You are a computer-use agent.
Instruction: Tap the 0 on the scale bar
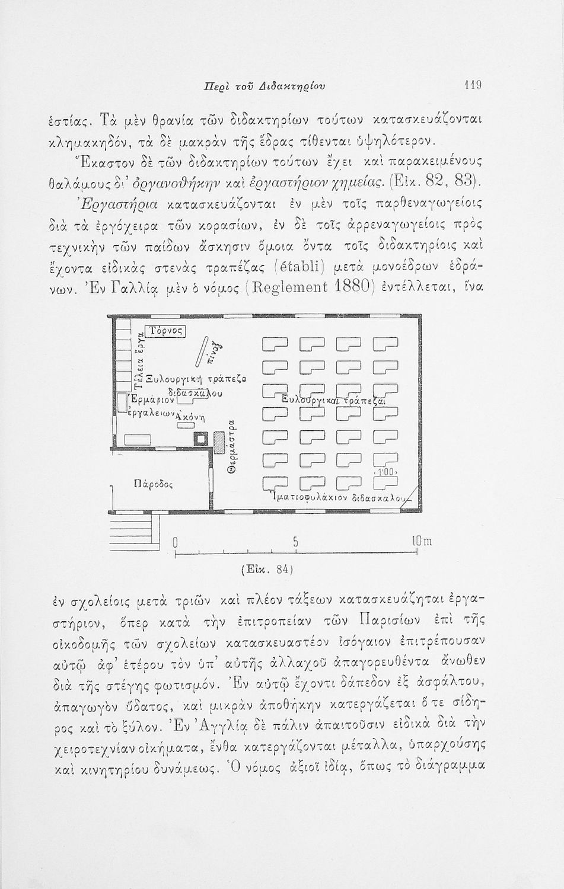pyautogui.click(x=175, y=543)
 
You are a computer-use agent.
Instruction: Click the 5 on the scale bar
pyautogui.click(x=295, y=543)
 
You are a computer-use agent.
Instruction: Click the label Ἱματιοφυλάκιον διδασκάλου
pyautogui.click(x=338, y=496)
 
